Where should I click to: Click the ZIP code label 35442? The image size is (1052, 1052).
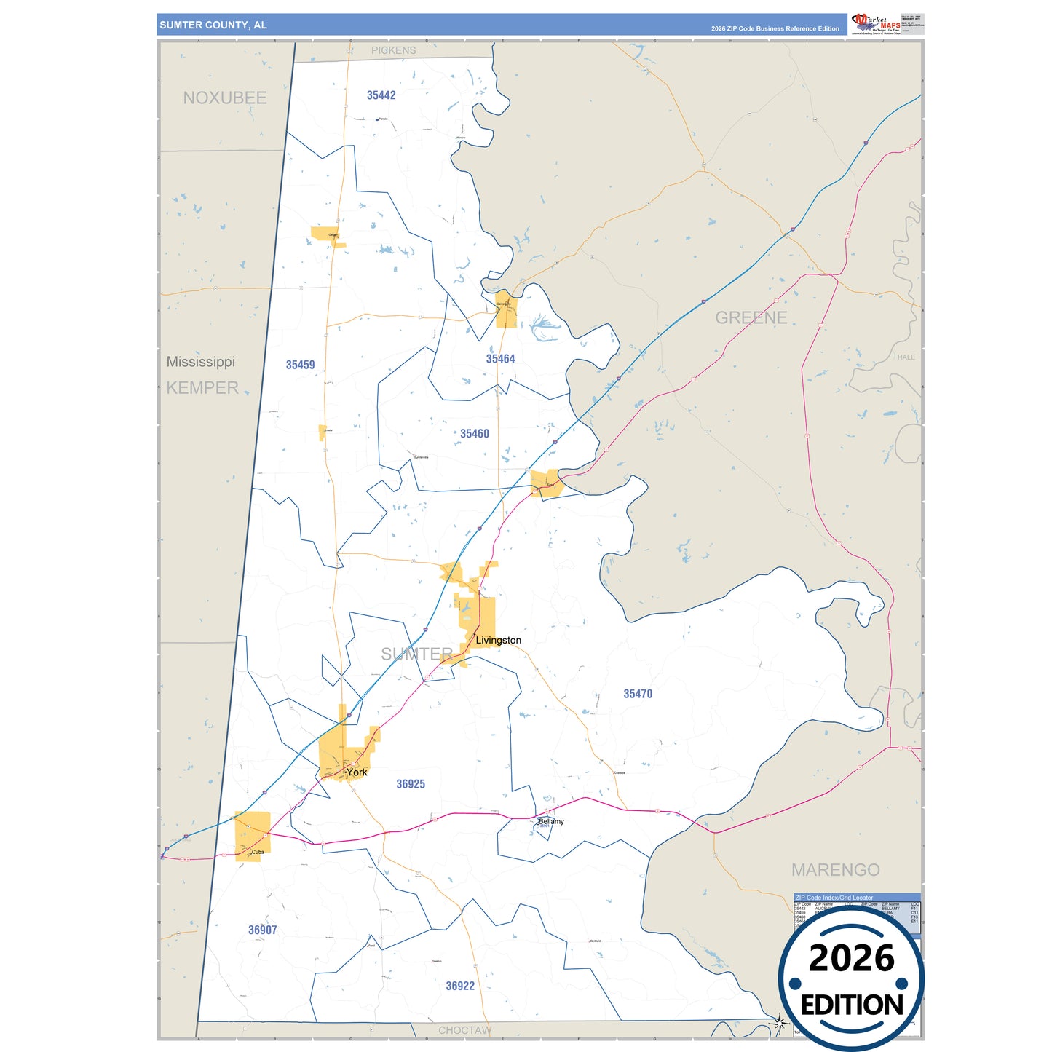(381, 95)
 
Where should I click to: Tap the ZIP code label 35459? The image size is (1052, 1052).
(300, 365)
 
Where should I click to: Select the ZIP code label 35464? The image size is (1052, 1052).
(500, 359)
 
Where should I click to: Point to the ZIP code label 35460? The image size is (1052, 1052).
(474, 434)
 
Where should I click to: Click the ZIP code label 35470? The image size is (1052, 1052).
(637, 694)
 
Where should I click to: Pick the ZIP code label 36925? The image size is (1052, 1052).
(410, 784)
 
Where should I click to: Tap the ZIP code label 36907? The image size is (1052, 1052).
(262, 930)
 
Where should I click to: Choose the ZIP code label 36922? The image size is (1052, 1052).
(459, 986)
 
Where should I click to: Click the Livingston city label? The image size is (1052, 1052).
(498, 641)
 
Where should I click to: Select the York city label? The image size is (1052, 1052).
(357, 772)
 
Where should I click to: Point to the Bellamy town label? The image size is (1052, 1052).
(551, 821)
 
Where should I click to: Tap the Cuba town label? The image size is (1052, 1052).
(258, 852)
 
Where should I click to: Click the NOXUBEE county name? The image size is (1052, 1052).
(224, 98)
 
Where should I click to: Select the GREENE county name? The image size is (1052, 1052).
(751, 317)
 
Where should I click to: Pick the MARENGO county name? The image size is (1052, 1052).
(835, 870)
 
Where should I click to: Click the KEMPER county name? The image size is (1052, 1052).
(202, 388)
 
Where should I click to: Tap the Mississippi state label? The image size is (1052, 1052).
(200, 362)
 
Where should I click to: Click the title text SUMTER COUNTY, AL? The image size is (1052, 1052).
(213, 25)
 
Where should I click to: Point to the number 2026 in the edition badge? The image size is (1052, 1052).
(851, 958)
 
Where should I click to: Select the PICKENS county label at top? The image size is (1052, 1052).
(393, 50)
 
